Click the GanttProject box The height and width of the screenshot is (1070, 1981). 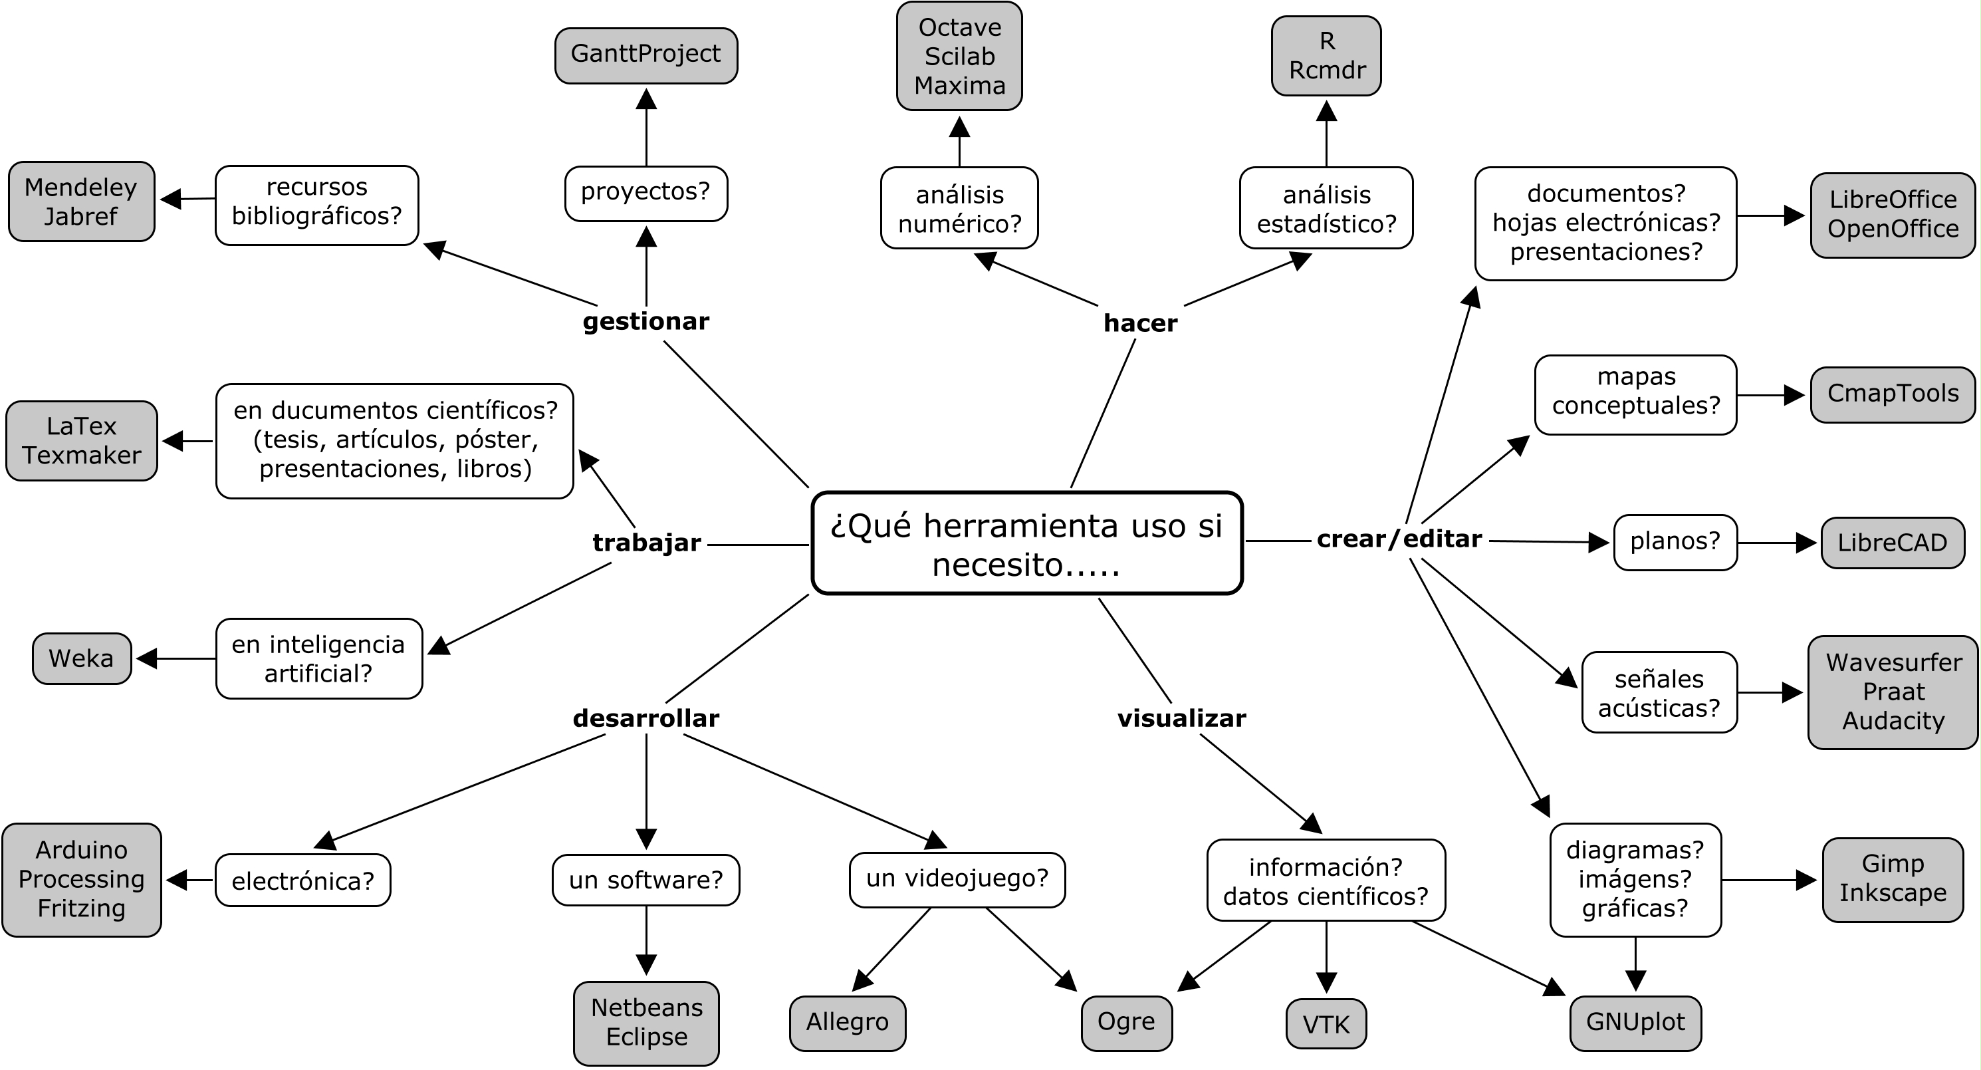(x=646, y=55)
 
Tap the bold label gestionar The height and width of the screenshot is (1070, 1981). (x=646, y=322)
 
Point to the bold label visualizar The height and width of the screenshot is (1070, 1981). (x=1181, y=718)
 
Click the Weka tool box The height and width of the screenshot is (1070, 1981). (x=82, y=658)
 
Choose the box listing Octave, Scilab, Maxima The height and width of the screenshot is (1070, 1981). (x=959, y=56)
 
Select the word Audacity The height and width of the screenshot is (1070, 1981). (x=1893, y=721)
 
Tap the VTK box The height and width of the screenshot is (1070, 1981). (x=1326, y=1024)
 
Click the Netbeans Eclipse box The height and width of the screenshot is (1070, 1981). (x=646, y=1023)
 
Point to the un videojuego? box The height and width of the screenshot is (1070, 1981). (x=957, y=879)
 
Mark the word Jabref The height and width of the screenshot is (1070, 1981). (x=80, y=216)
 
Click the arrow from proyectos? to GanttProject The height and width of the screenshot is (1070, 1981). (x=646, y=127)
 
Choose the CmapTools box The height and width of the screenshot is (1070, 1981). (x=1892, y=394)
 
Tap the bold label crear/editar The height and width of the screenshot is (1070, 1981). (x=1399, y=539)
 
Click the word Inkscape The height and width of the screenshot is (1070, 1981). (x=1893, y=892)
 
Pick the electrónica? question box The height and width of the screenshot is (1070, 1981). (x=303, y=880)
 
